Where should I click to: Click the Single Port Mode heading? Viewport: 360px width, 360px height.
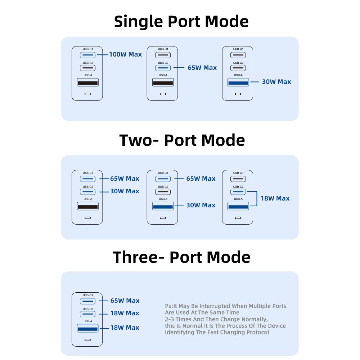pos(181,22)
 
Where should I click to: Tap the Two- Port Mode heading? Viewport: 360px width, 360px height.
pos(182,140)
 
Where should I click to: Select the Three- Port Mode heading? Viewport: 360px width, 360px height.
pos(181,257)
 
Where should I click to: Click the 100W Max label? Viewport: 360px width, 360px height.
pos(125,54)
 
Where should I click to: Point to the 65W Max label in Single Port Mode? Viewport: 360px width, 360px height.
pos(202,68)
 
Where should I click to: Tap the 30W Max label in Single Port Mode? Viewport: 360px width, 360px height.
pos(276,82)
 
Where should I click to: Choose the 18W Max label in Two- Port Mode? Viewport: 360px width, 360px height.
pos(275,198)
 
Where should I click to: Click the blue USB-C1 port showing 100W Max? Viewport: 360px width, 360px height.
pos(88,55)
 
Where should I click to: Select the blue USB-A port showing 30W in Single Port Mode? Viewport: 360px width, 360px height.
pos(238,82)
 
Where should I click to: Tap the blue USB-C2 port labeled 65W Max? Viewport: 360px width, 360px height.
pos(163,68)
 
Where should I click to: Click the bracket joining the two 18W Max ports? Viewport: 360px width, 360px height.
pos(257,199)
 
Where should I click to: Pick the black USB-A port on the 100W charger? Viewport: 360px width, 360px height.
pos(88,82)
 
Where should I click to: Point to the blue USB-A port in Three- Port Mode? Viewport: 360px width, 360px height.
pos(88,328)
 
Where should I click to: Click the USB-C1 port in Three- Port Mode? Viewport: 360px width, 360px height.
pos(88,301)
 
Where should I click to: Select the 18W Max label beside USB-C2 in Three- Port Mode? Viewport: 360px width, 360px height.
pos(125,313)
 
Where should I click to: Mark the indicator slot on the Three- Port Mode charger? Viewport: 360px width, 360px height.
pos(87,340)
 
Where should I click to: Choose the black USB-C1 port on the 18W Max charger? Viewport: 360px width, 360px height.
pos(238,179)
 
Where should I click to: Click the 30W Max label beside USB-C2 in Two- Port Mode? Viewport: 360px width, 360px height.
pos(125,191)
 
